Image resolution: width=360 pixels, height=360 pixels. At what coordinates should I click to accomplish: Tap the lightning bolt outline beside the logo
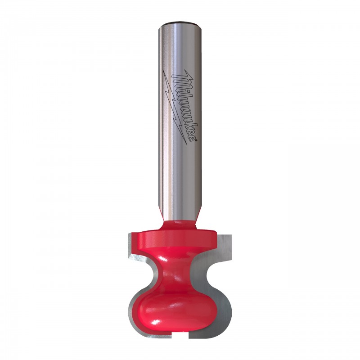tap(175, 108)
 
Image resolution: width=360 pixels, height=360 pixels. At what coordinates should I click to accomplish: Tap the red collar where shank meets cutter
tap(180, 224)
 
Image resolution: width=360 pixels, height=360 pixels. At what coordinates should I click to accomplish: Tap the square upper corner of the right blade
tap(231, 235)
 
